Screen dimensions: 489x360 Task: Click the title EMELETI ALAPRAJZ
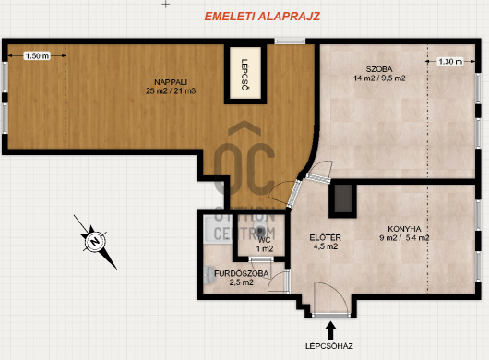[x=262, y=17]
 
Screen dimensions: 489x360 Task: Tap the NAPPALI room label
[x=171, y=82]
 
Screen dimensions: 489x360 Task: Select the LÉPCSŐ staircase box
[x=245, y=73]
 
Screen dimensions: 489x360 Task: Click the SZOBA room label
[x=379, y=69]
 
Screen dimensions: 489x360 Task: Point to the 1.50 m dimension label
[x=37, y=55]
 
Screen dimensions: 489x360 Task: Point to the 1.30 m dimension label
[x=450, y=62]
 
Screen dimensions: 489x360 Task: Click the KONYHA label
[x=404, y=229]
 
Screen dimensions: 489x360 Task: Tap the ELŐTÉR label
[x=325, y=237]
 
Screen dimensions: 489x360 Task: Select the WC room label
[x=265, y=240]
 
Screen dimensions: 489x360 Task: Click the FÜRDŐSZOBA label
[x=241, y=273]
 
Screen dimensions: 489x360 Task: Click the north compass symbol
[x=95, y=242]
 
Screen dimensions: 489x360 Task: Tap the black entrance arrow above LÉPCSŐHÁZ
[x=330, y=330]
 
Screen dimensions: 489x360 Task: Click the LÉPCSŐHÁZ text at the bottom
[x=329, y=346]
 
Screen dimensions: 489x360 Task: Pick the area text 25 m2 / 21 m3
[x=171, y=90]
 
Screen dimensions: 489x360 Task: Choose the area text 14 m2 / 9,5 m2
[x=379, y=78]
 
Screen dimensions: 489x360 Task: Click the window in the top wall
[x=290, y=41]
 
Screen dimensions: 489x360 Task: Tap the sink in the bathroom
[x=209, y=275]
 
